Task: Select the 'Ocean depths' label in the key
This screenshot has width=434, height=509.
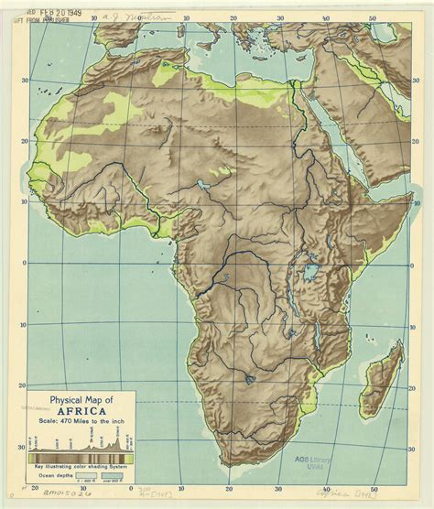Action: click(x=48, y=474)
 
